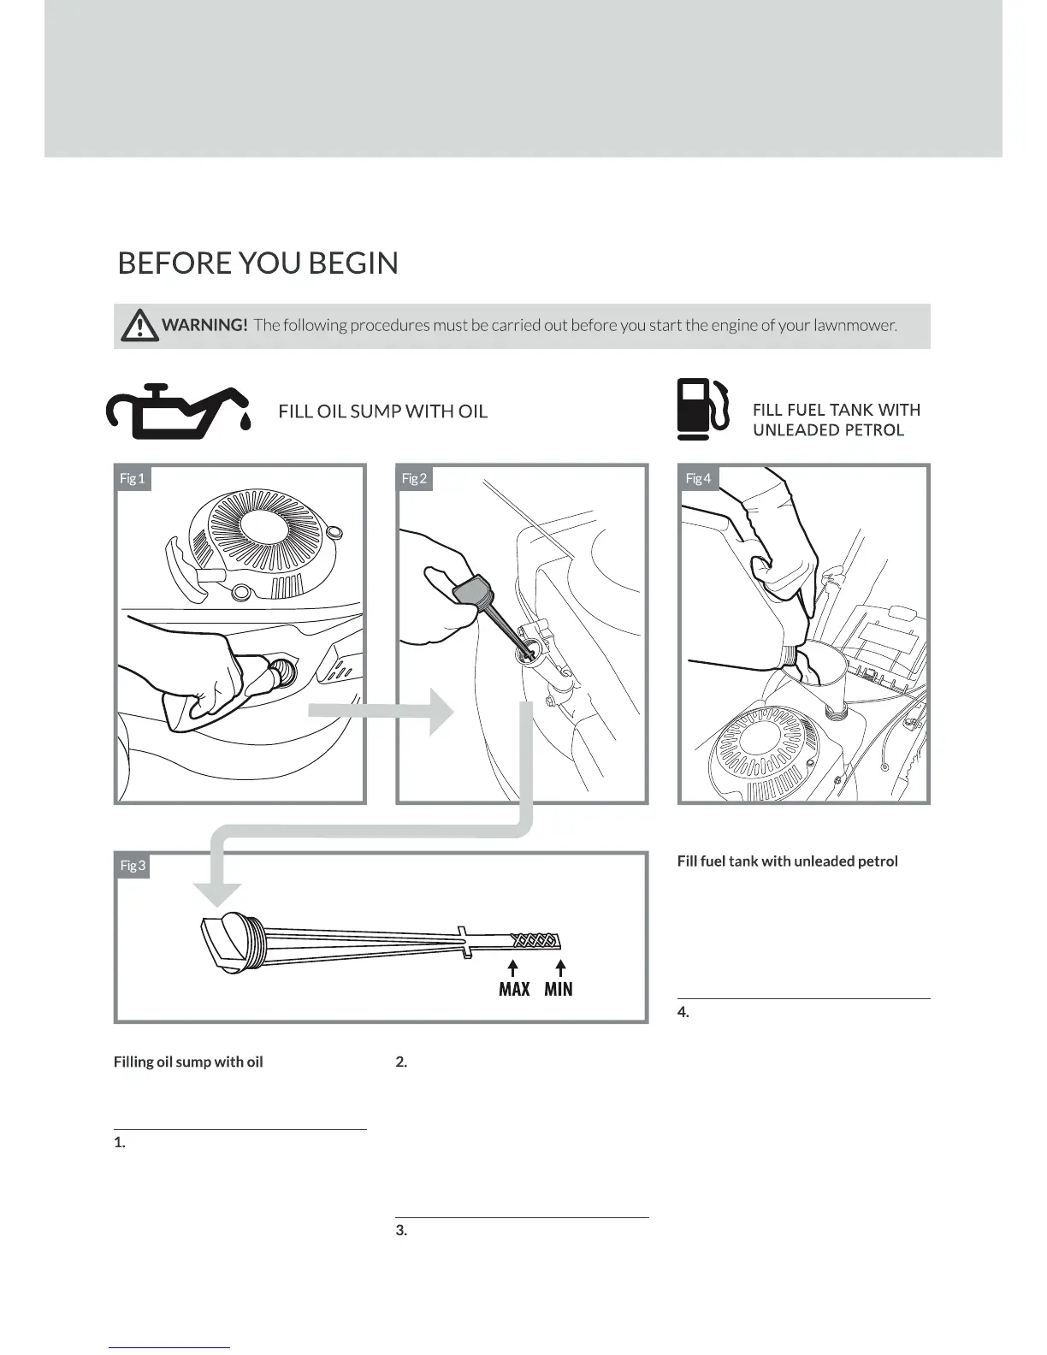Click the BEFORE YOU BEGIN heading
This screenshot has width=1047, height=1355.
coord(257,263)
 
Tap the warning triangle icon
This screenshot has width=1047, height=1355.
coord(139,326)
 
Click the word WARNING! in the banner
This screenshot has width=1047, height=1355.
coord(204,325)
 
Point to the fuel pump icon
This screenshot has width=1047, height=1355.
coord(702,409)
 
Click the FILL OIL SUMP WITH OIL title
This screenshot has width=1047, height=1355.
coord(382,411)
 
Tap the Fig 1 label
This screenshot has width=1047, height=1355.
coord(133,478)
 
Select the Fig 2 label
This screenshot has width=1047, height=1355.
coord(414,478)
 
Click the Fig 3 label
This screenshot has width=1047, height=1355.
coord(133,866)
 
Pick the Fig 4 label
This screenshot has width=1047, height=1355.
coord(698,478)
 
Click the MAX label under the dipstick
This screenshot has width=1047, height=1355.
coord(513,989)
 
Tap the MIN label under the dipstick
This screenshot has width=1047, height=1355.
coord(559,989)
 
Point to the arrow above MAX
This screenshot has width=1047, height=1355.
coord(512,967)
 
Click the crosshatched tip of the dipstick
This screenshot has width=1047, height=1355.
coord(535,941)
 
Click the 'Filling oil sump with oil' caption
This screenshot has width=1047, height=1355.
coord(188,1062)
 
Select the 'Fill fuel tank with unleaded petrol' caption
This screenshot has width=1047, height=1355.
coord(787,861)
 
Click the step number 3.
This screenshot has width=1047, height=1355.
coord(401,1231)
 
